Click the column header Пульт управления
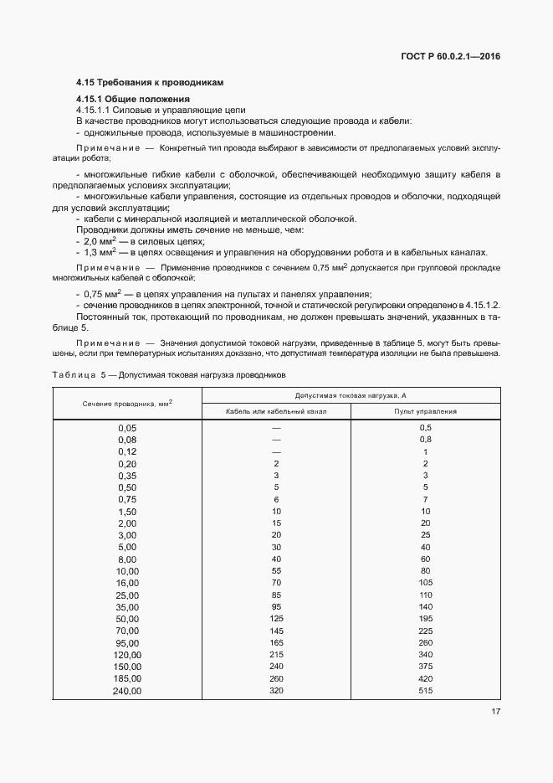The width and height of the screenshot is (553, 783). tap(425, 411)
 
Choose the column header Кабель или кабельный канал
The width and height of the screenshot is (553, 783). tap(276, 411)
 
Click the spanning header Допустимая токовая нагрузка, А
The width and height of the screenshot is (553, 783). tap(351, 394)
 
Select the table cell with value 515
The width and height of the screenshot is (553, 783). tap(425, 691)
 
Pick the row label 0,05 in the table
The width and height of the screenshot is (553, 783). tap(127, 427)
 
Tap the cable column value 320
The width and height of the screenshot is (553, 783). tap(276, 691)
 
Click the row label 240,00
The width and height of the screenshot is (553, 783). tap(127, 691)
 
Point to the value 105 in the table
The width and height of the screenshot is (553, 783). tap(425, 582)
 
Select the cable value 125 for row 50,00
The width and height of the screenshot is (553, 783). tap(276, 618)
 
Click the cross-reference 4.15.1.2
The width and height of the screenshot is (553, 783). tap(481, 306)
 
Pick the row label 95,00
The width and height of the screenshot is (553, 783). tap(127, 642)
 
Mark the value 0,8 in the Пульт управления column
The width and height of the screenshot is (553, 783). tap(425, 439)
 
